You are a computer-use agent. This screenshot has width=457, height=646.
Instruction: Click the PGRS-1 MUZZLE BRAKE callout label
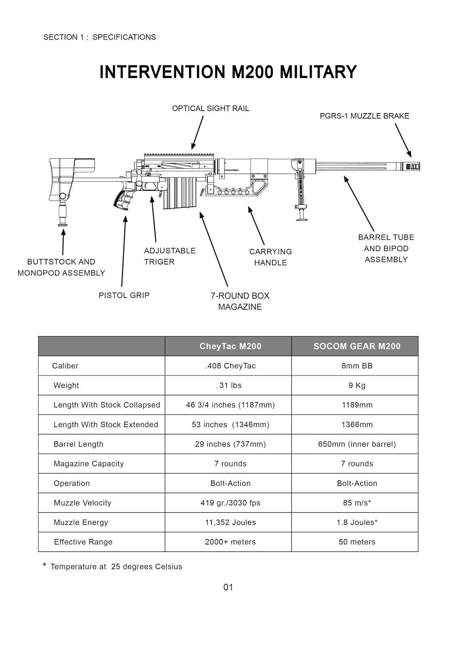point(364,116)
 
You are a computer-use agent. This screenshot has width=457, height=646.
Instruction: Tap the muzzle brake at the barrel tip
point(411,166)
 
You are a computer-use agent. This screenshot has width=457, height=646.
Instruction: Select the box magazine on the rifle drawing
point(179,192)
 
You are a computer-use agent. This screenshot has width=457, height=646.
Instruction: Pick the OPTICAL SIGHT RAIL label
point(211,109)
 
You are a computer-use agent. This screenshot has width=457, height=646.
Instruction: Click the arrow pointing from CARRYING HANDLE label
point(256,226)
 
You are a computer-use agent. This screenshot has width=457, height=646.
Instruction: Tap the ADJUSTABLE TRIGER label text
point(169,256)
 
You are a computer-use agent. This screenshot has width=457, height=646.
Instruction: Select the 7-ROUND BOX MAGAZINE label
point(240,301)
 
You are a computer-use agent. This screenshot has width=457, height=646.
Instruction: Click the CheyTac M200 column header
point(230,346)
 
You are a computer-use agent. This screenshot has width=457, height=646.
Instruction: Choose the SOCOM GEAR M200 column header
point(357,346)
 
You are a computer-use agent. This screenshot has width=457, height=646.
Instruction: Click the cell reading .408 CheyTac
point(230,366)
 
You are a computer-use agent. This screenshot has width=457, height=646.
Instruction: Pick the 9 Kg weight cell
point(357,386)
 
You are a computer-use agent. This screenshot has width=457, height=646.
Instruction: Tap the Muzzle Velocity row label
point(82,503)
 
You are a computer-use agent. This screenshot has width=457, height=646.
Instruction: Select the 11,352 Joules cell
point(230,522)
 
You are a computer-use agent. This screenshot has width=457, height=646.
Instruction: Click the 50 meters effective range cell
point(357,542)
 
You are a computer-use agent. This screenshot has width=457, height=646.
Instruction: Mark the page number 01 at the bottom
point(228,587)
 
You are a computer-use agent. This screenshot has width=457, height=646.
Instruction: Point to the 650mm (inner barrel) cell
point(357,445)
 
